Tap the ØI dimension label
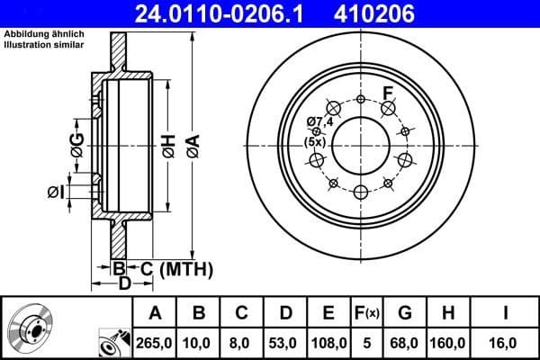[55, 191]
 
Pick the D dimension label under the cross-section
[126, 284]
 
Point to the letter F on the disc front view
[389, 93]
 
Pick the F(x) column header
[366, 313]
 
